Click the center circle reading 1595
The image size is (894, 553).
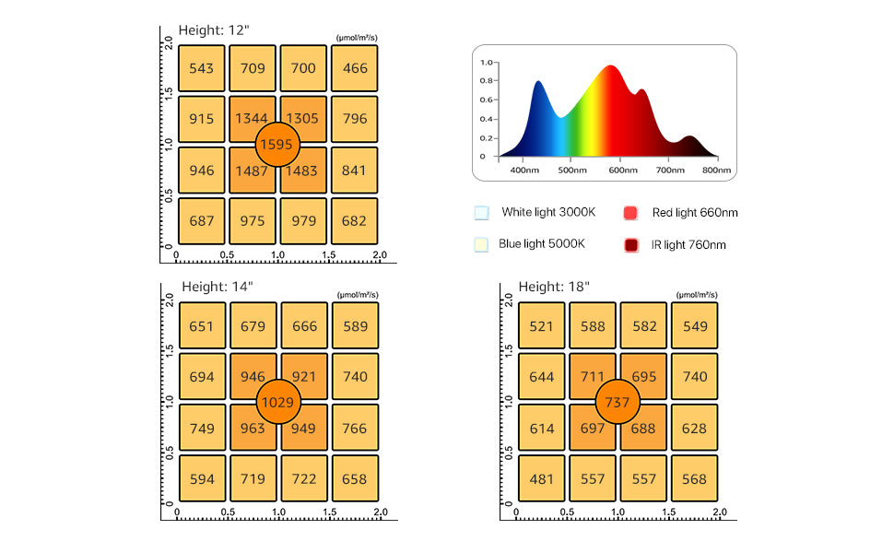(277, 144)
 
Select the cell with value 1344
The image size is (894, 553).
(253, 119)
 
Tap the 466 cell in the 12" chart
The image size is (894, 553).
(355, 68)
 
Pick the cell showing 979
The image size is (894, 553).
(303, 221)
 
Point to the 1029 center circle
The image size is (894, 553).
(277, 403)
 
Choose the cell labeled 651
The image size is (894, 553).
(202, 326)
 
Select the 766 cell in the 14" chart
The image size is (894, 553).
(355, 429)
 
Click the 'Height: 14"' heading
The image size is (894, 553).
(216, 287)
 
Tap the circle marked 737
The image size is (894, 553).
(617, 403)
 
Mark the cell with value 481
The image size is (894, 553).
(541, 479)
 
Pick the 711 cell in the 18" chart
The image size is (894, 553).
(593, 377)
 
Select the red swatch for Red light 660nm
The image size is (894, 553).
(631, 213)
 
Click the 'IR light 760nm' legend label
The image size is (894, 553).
(688, 245)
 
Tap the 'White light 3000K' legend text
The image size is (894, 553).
(548, 213)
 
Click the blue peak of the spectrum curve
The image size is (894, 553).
(537, 84)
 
